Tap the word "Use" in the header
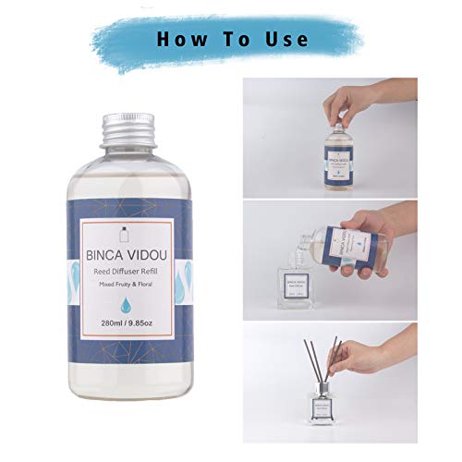tap(287, 39)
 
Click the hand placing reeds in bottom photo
tap(365, 356)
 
